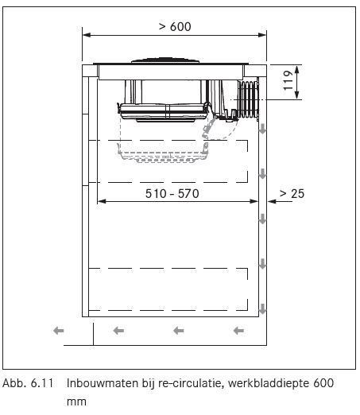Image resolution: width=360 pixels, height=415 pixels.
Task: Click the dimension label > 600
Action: [x=175, y=27]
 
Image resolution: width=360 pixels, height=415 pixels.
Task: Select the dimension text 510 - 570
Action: [x=172, y=193]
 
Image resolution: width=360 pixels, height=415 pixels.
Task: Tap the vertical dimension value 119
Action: [x=288, y=80]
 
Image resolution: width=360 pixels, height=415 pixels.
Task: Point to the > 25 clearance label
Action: [x=292, y=193]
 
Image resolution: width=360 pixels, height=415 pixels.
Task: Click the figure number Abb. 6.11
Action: [x=28, y=383]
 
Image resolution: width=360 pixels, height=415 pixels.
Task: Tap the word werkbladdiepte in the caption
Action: [x=269, y=384]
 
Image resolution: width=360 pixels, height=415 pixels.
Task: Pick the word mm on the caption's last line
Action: [x=76, y=402]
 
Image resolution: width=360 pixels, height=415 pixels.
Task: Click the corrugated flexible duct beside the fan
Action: [x=248, y=99]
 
